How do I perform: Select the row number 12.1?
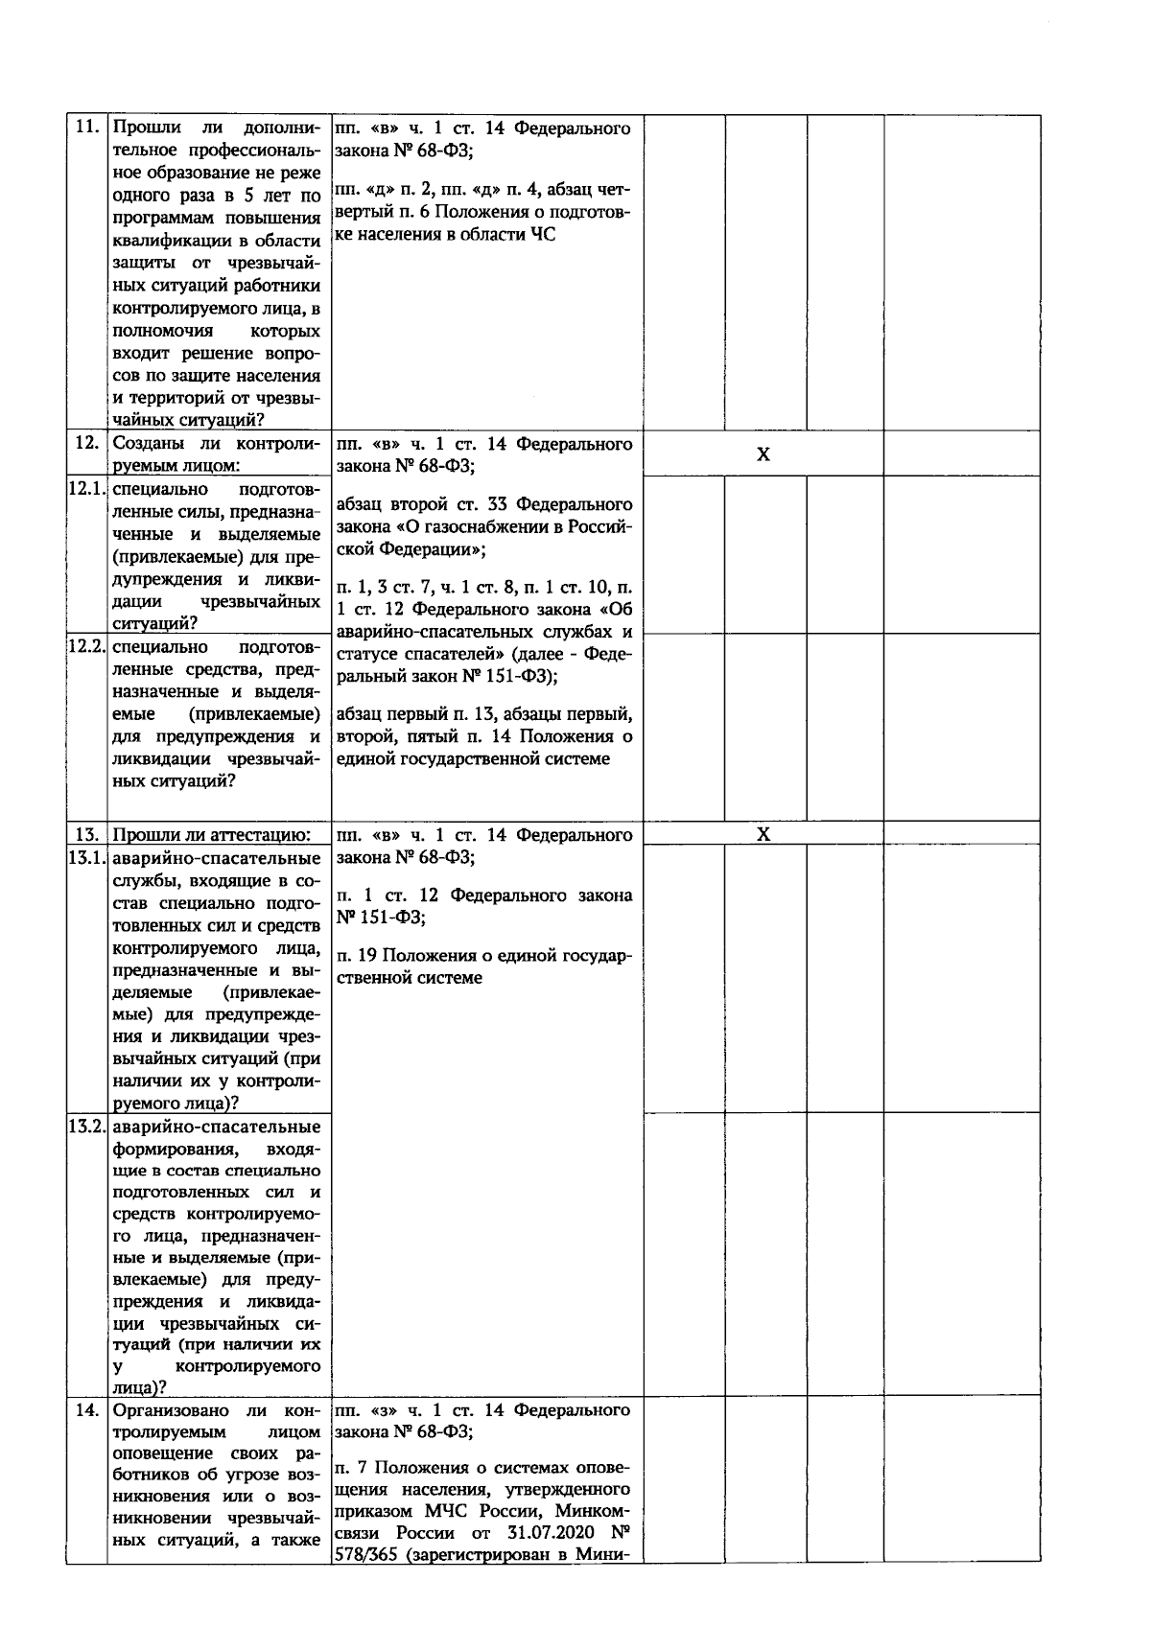coord(86,488)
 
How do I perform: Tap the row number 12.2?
coord(86,646)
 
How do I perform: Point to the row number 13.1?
coord(86,858)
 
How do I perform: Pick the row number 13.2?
coord(86,1126)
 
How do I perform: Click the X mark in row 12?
coord(763,454)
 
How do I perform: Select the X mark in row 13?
coord(763,834)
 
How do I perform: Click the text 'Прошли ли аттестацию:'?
coord(211,835)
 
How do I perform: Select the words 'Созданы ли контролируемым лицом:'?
coord(216,454)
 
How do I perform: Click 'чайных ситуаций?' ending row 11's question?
coord(189,419)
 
